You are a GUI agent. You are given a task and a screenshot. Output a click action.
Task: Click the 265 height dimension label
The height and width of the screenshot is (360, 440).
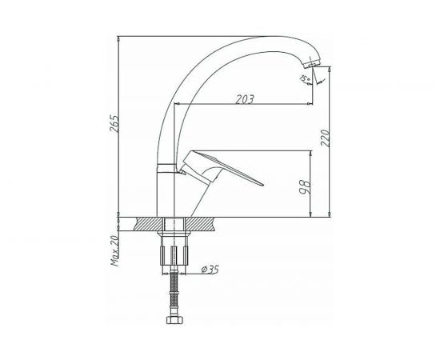(x=114, y=123)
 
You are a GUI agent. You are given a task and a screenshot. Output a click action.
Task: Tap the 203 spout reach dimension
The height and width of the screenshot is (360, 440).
(x=245, y=99)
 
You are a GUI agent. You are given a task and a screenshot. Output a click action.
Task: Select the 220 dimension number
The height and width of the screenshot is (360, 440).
(x=326, y=138)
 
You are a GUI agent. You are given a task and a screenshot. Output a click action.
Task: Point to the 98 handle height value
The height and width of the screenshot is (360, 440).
(x=306, y=187)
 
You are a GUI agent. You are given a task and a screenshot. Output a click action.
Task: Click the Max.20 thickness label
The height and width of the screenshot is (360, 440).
(x=115, y=250)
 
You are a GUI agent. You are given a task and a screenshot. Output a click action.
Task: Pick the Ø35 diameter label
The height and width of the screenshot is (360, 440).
(x=210, y=270)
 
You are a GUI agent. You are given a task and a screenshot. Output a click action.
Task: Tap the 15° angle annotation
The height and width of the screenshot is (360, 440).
(x=304, y=78)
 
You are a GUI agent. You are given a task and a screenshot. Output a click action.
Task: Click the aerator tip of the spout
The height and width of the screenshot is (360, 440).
(x=311, y=63)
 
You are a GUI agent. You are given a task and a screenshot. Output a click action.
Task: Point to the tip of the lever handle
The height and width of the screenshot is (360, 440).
(x=262, y=185)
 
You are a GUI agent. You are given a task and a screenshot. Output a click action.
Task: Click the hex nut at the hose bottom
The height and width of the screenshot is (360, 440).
(x=174, y=320)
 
